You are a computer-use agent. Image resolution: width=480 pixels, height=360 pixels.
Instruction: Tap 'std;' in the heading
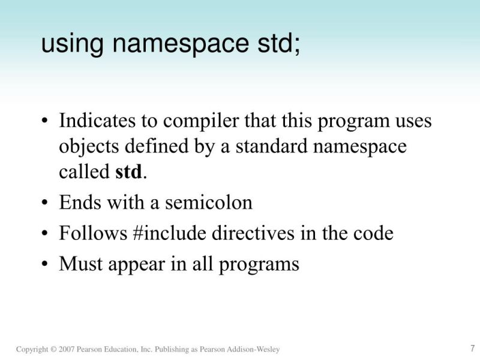tap(275, 43)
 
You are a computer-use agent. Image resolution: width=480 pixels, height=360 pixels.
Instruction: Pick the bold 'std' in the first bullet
tap(130, 172)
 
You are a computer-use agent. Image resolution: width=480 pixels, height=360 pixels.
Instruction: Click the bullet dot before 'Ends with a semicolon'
tap(44, 203)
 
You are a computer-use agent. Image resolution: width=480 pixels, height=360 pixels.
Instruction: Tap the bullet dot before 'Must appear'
tap(44, 264)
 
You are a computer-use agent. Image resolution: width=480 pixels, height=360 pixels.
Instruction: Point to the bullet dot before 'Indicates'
tap(44, 121)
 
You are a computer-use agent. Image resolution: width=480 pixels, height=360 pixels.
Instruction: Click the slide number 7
tap(472, 348)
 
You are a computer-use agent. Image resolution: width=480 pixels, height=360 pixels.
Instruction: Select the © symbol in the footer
tap(53, 350)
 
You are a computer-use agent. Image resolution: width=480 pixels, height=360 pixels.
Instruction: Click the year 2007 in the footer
tap(67, 350)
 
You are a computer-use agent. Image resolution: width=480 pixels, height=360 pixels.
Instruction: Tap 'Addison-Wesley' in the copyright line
tap(257, 350)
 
